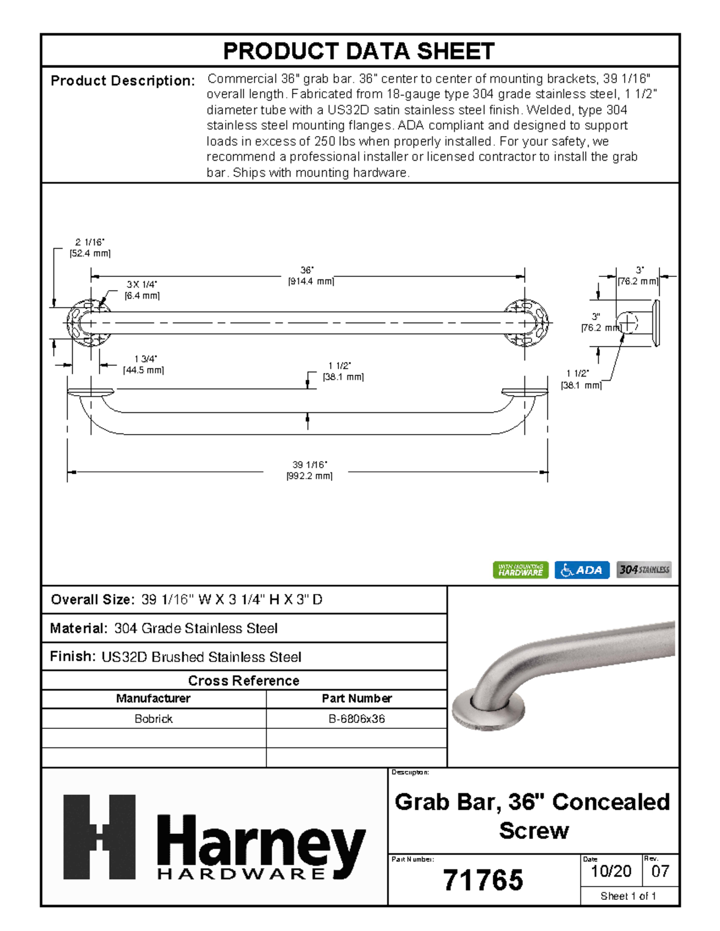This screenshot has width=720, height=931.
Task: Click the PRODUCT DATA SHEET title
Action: tap(359, 52)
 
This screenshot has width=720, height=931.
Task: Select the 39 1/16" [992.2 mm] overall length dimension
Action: tap(309, 471)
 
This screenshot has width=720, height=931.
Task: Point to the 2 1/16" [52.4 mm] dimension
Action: tap(90, 248)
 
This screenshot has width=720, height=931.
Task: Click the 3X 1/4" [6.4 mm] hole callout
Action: tap(142, 290)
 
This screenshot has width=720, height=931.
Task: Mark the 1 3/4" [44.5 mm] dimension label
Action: tap(144, 364)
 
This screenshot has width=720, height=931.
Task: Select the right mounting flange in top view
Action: tap(526, 323)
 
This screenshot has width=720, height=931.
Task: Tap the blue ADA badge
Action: tap(581, 570)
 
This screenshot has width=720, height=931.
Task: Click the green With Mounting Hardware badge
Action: tap(520, 570)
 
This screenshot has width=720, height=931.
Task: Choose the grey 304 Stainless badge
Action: tap(644, 570)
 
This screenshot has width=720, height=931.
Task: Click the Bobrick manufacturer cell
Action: tap(154, 719)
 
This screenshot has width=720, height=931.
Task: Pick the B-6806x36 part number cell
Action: tap(356, 719)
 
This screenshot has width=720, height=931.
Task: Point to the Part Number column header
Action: tap(356, 698)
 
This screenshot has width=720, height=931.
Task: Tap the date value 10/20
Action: tap(611, 872)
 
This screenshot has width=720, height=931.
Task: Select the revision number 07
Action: tap(660, 872)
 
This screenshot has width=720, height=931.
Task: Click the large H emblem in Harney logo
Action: tap(100, 837)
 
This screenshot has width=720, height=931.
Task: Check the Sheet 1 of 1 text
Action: tap(628, 896)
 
